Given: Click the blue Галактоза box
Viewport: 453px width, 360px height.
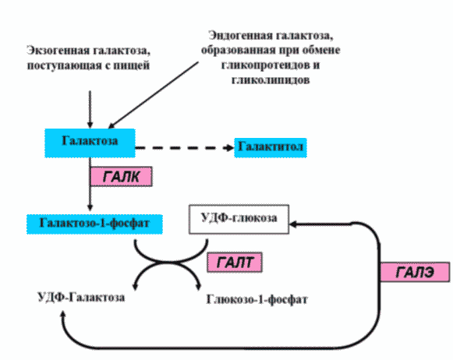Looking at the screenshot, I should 90,140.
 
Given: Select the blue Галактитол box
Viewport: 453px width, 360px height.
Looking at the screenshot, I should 270,147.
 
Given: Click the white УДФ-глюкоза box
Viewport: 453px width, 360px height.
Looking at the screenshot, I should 239,219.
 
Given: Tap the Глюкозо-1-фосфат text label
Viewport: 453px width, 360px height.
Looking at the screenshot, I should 258,298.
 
